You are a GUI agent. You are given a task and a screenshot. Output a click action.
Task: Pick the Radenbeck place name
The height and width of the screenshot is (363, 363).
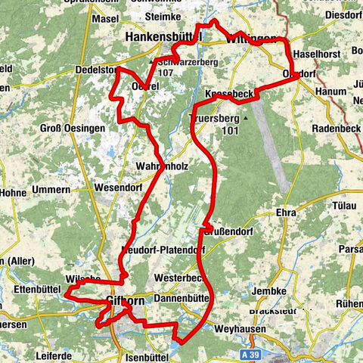337,128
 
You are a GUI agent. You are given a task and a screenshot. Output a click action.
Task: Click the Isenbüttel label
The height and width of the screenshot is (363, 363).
150,355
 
